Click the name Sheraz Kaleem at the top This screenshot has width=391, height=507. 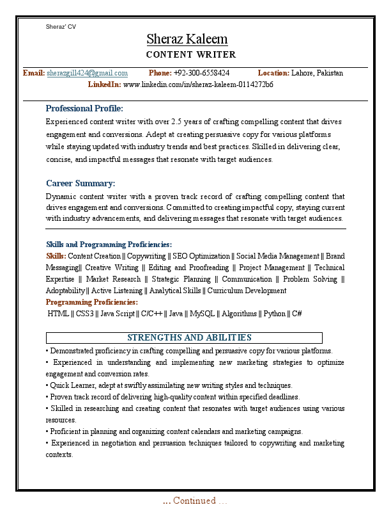(191, 38)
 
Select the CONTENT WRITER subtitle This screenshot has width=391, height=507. (191, 55)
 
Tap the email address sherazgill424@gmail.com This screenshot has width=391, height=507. (87, 73)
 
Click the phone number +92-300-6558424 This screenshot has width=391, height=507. (201, 73)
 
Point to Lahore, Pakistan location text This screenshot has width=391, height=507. (317, 73)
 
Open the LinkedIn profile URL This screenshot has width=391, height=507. (198, 84)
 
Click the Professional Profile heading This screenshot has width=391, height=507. (84, 108)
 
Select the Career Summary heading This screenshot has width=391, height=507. (80, 184)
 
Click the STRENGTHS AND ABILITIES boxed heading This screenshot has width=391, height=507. (189, 337)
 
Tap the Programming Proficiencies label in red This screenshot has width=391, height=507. (91, 302)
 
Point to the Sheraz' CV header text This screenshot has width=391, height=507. (61, 27)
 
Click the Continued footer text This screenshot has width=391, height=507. (195, 501)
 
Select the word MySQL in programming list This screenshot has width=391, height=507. (202, 314)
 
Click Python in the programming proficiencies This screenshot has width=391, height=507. (275, 314)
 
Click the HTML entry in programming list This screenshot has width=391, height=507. (58, 314)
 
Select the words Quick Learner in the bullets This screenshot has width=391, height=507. (72, 385)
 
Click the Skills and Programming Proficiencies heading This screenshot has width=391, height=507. (109, 245)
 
